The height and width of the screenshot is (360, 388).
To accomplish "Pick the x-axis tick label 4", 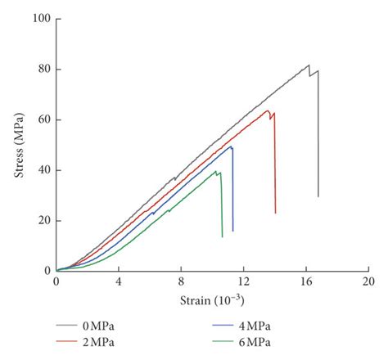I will coord(119,281).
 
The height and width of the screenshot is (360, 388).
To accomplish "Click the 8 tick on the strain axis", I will coord(181,281).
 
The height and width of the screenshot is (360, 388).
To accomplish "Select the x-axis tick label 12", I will coord(243,281).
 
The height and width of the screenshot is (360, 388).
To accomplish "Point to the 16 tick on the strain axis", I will coord(305,281).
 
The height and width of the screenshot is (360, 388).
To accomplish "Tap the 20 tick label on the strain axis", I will coord(368,281).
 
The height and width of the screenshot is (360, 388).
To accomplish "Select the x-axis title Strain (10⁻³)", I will coord(211,302).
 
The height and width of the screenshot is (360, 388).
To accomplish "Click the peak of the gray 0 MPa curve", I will coord(309,65).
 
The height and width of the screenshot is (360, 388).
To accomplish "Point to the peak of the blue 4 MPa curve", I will coord(231,146).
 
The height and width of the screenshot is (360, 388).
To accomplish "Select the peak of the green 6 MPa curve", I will coord(217,171).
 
